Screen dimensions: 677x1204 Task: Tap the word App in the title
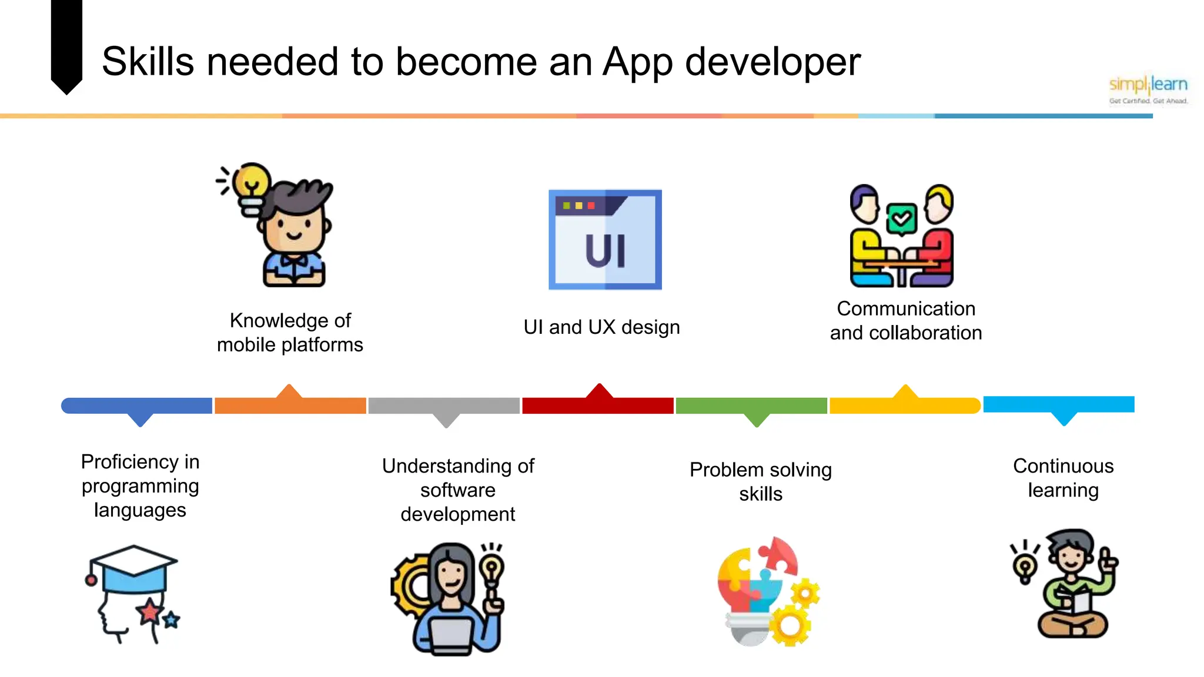(637, 62)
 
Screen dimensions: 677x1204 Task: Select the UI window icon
(605, 239)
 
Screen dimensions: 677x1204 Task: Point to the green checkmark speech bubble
(901, 219)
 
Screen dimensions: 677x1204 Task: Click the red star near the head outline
(150, 612)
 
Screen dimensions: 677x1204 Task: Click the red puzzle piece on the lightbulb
(779, 555)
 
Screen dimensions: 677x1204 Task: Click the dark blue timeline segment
(137, 405)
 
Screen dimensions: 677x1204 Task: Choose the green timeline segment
(751, 405)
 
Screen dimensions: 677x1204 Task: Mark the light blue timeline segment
(1058, 404)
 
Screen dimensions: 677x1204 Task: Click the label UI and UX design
(601, 327)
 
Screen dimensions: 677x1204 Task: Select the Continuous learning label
(1063, 478)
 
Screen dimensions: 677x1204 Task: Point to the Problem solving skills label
(760, 481)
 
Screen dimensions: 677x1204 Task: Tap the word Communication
(906, 309)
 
